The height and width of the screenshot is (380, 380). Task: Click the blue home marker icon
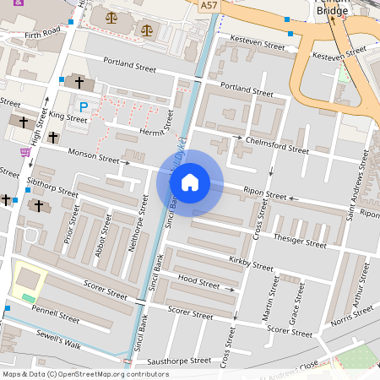coord(190,182)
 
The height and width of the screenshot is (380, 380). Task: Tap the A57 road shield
coord(209,6)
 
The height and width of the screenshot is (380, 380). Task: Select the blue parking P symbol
coord(83,106)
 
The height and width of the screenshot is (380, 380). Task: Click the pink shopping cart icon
coord(25,152)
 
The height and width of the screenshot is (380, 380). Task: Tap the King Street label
coord(68,119)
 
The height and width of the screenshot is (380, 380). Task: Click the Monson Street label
coord(94,155)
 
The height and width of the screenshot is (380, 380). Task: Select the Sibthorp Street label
coord(52,187)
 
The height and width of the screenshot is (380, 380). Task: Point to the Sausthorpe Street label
coord(178,361)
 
